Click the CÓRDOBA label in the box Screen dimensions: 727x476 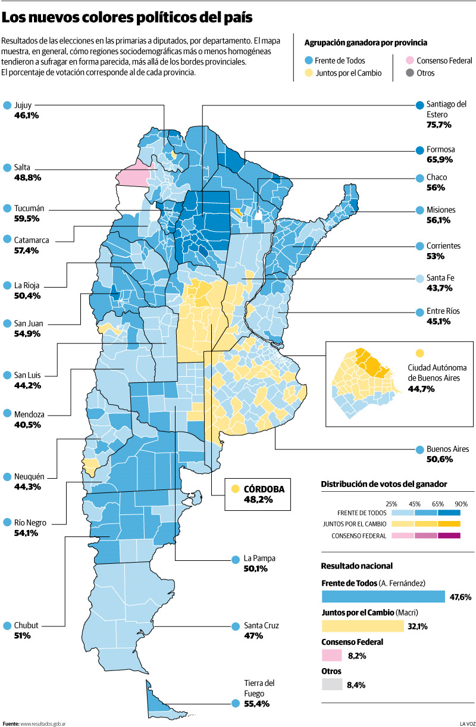click(x=264, y=489)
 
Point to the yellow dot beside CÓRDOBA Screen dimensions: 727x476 click(x=236, y=489)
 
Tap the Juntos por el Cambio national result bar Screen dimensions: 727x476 click(x=362, y=626)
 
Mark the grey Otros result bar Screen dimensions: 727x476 click(x=331, y=685)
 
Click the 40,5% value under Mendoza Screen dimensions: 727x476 click(x=27, y=425)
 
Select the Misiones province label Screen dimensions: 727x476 click(x=441, y=210)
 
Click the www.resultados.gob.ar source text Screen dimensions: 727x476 click(x=42, y=723)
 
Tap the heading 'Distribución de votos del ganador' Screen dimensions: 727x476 click(x=384, y=485)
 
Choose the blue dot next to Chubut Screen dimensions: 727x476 click(x=7, y=625)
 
